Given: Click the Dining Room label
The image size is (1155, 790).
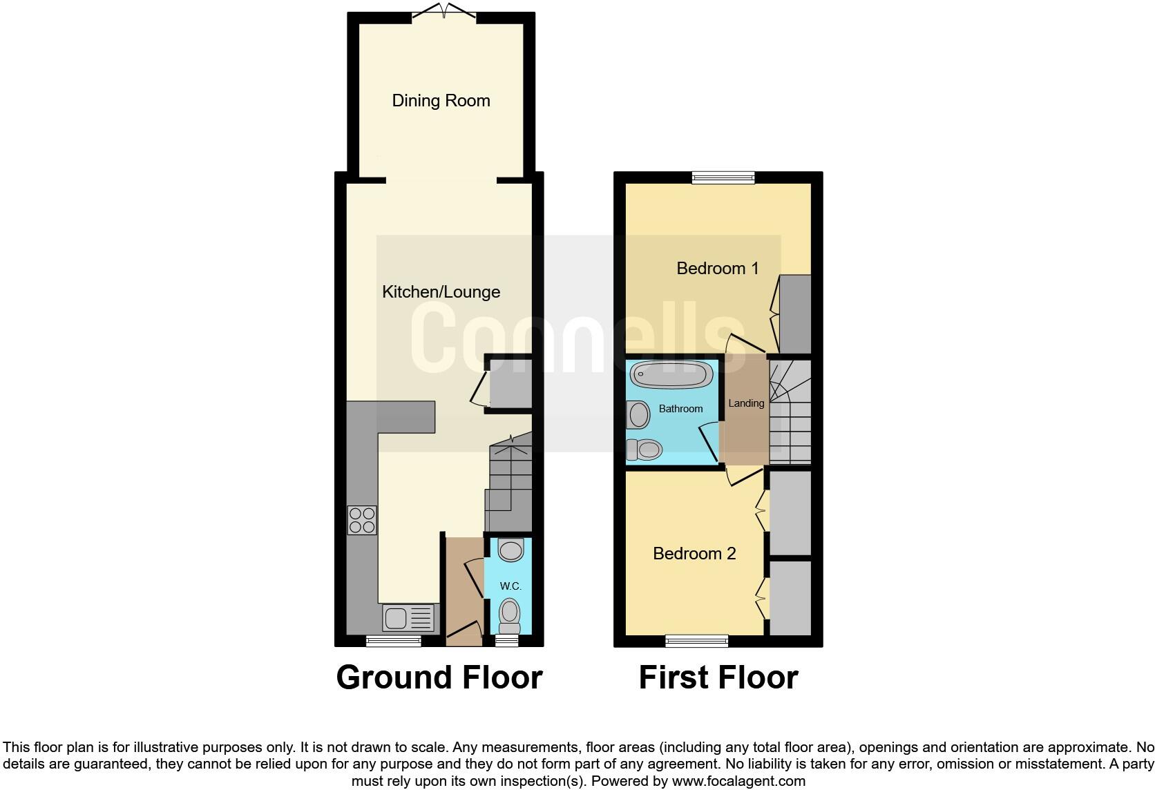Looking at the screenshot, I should [x=441, y=101].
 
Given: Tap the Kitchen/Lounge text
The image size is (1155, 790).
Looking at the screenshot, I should [x=441, y=292].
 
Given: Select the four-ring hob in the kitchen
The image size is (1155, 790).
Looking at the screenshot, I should [x=362, y=520].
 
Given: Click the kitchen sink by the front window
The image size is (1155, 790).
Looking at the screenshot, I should [x=408, y=617].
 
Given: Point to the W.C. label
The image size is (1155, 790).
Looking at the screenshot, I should [x=510, y=586].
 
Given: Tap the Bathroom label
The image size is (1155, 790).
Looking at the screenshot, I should [x=680, y=409].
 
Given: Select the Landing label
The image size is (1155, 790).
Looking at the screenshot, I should [x=746, y=403].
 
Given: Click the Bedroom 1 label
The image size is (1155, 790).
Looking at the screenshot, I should [x=717, y=268].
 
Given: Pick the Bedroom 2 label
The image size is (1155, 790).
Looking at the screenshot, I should [x=694, y=553].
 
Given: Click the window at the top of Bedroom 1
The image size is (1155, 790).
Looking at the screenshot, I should [x=723, y=178].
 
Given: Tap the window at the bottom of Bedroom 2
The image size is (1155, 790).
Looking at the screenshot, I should [x=696, y=641].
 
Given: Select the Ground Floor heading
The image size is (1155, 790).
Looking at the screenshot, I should [x=439, y=677].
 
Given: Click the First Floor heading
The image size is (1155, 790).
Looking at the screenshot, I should [x=718, y=677].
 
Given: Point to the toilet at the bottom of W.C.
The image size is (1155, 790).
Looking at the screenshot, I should [x=509, y=615].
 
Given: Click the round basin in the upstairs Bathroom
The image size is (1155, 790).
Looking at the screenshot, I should [x=639, y=416].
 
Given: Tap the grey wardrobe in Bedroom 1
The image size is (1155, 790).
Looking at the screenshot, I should [x=795, y=314].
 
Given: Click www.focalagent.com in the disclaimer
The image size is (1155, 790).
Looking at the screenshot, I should [x=738, y=782].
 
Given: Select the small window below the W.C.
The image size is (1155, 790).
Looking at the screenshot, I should [x=507, y=641].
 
